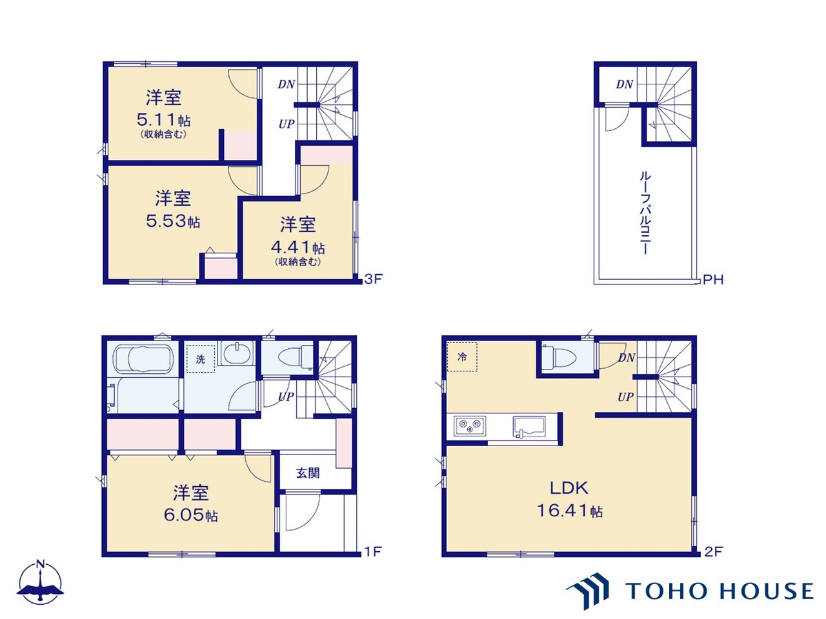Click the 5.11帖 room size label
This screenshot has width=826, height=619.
coord(163,120)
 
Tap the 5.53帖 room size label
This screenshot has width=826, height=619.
coord(173,221)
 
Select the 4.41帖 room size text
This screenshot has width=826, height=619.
coord(297,247)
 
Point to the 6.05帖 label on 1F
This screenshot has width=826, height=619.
coord(190,515)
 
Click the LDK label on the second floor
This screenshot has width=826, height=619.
coord(569,488)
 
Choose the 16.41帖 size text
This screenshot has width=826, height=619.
coord(569,511)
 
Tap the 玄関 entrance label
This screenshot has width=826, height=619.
coord(308,473)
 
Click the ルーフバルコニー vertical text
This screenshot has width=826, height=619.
coord(645,213)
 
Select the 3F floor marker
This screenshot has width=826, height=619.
coord(373,279)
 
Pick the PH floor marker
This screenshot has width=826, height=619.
coord(713,280)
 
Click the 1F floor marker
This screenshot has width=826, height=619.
coord(373,551)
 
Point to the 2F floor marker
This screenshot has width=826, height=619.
coord(713,551)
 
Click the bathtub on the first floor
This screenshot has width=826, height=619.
coord(143,359)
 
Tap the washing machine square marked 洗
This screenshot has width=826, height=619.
coord(201,359)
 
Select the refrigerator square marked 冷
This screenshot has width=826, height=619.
coord(462,357)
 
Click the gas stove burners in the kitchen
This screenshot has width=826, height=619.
coord(469,426)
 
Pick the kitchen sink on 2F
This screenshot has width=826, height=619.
coord(529,427)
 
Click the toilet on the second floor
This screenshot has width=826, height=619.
coord(562,357)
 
